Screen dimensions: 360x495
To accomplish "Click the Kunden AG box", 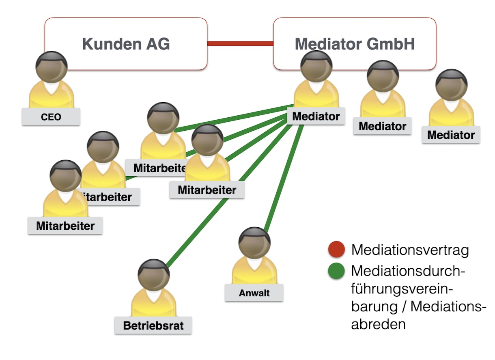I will pyautogui.click(x=126, y=43).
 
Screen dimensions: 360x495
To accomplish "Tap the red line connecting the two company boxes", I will pyautogui.click(x=240, y=43).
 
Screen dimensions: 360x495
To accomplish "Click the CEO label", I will pyautogui.click(x=51, y=117).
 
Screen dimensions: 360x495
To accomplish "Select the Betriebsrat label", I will pyautogui.click(x=153, y=326).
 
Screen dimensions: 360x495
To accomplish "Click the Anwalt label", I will pyautogui.click(x=254, y=293).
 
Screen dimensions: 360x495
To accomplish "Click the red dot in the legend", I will pyautogui.click(x=336, y=250).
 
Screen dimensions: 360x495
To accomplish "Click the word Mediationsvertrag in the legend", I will pyautogui.click(x=410, y=250).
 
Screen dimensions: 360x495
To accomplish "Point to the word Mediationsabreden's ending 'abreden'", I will pyautogui.click(x=378, y=324).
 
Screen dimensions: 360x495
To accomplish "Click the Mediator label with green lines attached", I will pyautogui.click(x=316, y=116).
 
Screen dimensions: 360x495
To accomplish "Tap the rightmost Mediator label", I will pyautogui.click(x=451, y=135).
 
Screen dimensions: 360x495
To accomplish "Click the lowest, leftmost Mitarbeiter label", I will pyautogui.click(x=65, y=226).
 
